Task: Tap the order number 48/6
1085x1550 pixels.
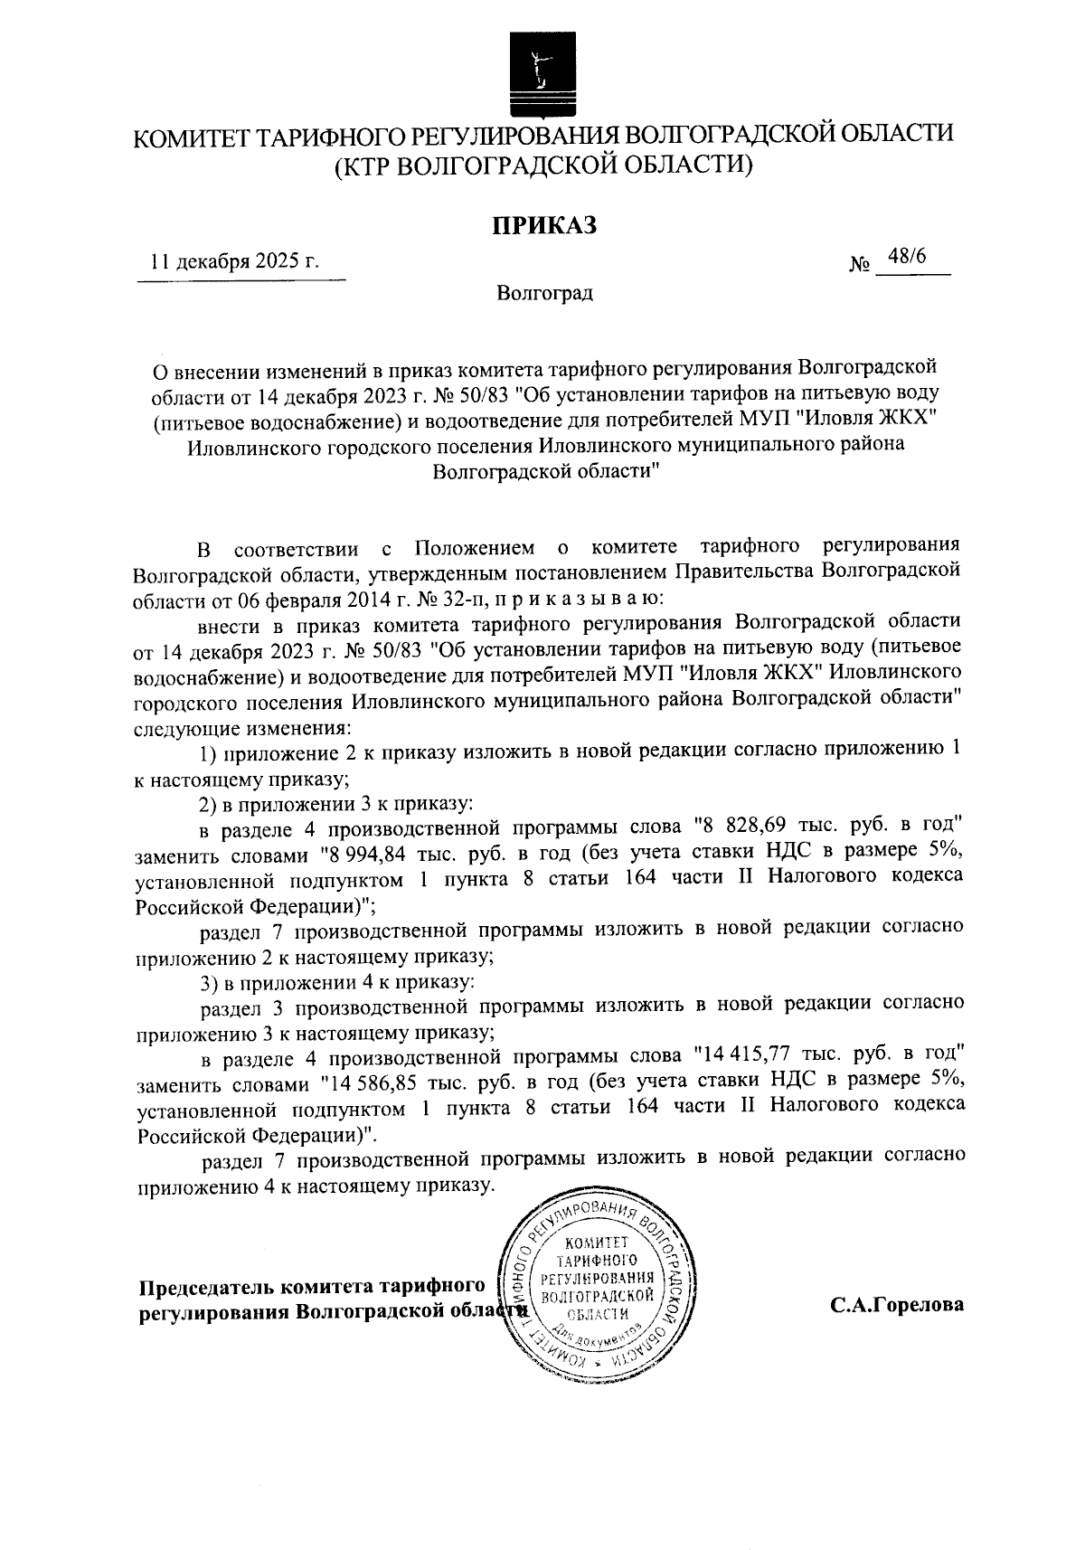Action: [907, 256]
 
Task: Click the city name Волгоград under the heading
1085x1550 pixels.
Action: [544, 293]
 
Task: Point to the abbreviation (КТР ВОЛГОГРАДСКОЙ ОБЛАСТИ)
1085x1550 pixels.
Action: [543, 165]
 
